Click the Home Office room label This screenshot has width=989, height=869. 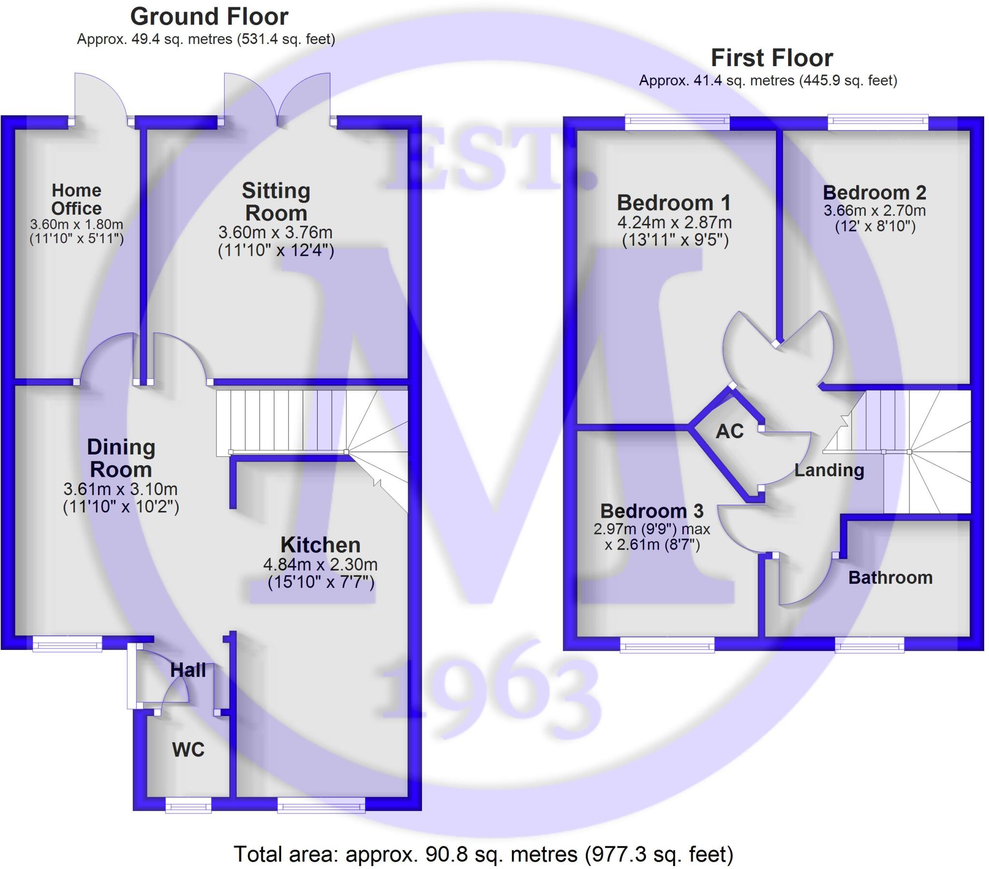click(x=76, y=199)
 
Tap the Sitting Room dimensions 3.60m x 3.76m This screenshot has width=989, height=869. click(x=275, y=233)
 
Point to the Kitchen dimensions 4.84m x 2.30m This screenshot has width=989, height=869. click(x=320, y=565)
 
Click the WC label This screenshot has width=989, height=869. click(x=188, y=749)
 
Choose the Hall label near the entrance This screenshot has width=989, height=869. click(x=188, y=670)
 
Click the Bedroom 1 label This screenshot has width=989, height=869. click(x=674, y=203)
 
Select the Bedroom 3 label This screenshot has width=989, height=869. click(x=652, y=510)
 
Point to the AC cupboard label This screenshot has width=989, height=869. click(x=729, y=431)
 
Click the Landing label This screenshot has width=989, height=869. click(x=829, y=470)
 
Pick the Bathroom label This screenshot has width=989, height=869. click(x=890, y=578)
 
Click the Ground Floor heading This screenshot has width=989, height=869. click(x=209, y=17)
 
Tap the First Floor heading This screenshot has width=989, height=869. click(x=772, y=58)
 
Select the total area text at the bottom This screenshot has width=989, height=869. click(x=483, y=855)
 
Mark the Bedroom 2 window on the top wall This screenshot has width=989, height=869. click(x=878, y=122)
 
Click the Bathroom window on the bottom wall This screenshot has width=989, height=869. click(x=870, y=645)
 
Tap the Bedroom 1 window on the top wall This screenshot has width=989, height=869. click(x=677, y=122)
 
